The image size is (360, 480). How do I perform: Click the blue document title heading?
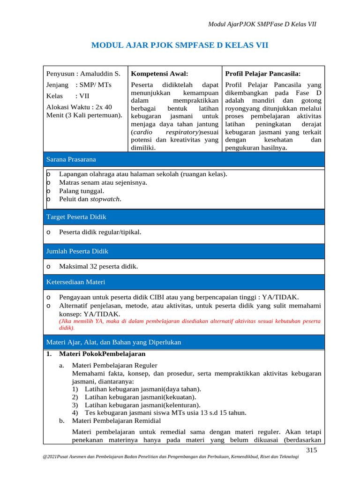coord(180,45)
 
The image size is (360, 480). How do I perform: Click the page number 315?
coord(312,450)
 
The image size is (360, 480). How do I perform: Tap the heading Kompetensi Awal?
coord(159,74)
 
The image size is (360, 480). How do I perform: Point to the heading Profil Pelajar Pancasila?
coord(263,74)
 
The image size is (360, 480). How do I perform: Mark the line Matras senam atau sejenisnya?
coord(103,182)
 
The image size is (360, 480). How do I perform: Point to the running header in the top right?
coord(262,24)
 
